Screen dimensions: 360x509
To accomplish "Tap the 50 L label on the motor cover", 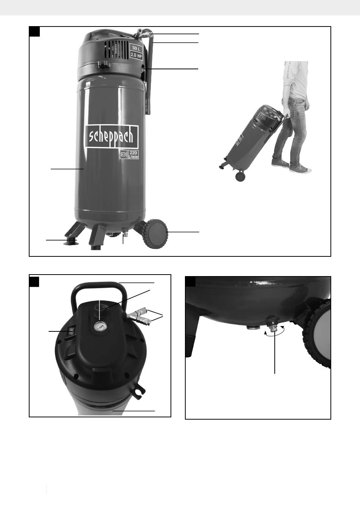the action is click(136, 48).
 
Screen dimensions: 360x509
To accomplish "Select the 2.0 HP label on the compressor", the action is click(136, 55).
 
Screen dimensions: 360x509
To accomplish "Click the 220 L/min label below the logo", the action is click(129, 155).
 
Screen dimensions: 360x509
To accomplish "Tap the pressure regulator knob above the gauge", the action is click(99, 310).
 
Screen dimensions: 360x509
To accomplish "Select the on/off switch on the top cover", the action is click(70, 332).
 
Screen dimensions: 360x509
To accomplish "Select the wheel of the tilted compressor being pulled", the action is click(240, 176).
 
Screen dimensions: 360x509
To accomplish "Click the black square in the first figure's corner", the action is click(34, 31).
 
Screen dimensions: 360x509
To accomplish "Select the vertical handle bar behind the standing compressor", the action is click(149, 73).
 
